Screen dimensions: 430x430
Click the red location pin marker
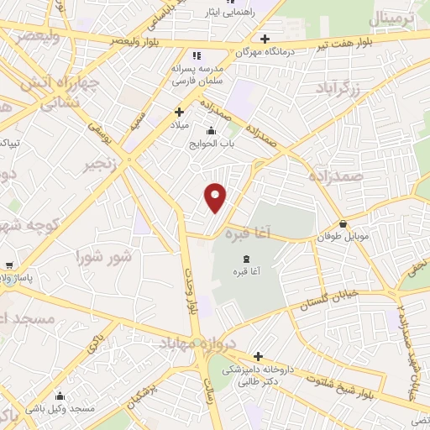216,197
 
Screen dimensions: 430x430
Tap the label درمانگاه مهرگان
244,52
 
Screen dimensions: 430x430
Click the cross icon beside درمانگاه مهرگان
265,38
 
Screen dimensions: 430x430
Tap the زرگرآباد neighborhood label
341,87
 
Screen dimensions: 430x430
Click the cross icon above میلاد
179,111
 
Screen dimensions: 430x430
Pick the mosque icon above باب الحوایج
209,129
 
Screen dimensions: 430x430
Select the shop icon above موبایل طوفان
344,223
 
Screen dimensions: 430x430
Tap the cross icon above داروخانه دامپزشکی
258,356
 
